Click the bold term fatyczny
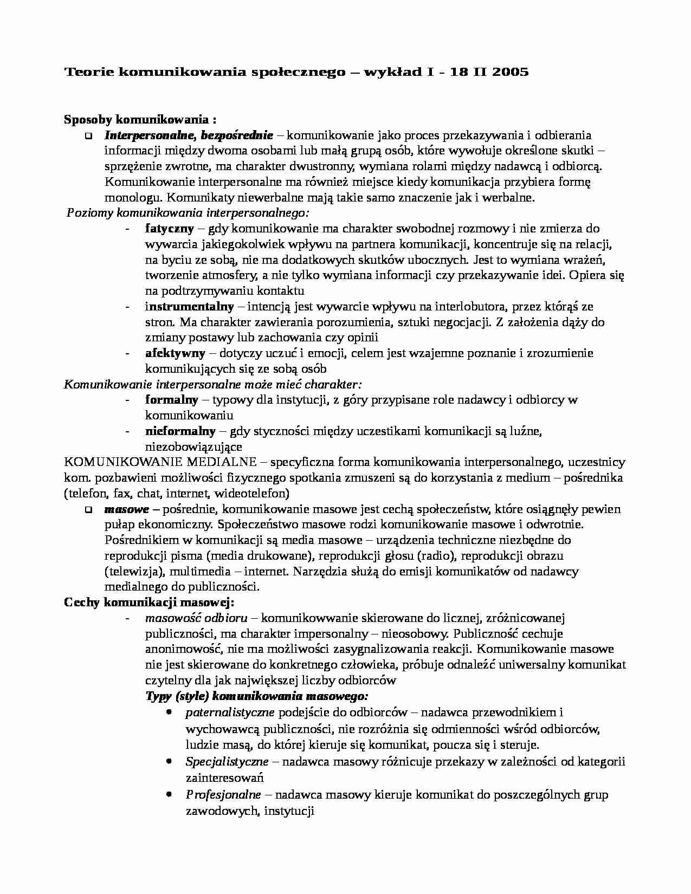tap(169, 229)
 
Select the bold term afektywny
tap(175, 353)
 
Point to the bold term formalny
tap(172, 400)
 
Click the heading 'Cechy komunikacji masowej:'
tap(149, 603)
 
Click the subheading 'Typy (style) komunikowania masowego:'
tap(257, 696)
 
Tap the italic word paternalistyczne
tap(230, 712)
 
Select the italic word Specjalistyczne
tap(227, 762)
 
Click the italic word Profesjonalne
tap(223, 795)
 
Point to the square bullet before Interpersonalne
tap(88, 135)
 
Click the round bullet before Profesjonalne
tap(170, 794)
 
